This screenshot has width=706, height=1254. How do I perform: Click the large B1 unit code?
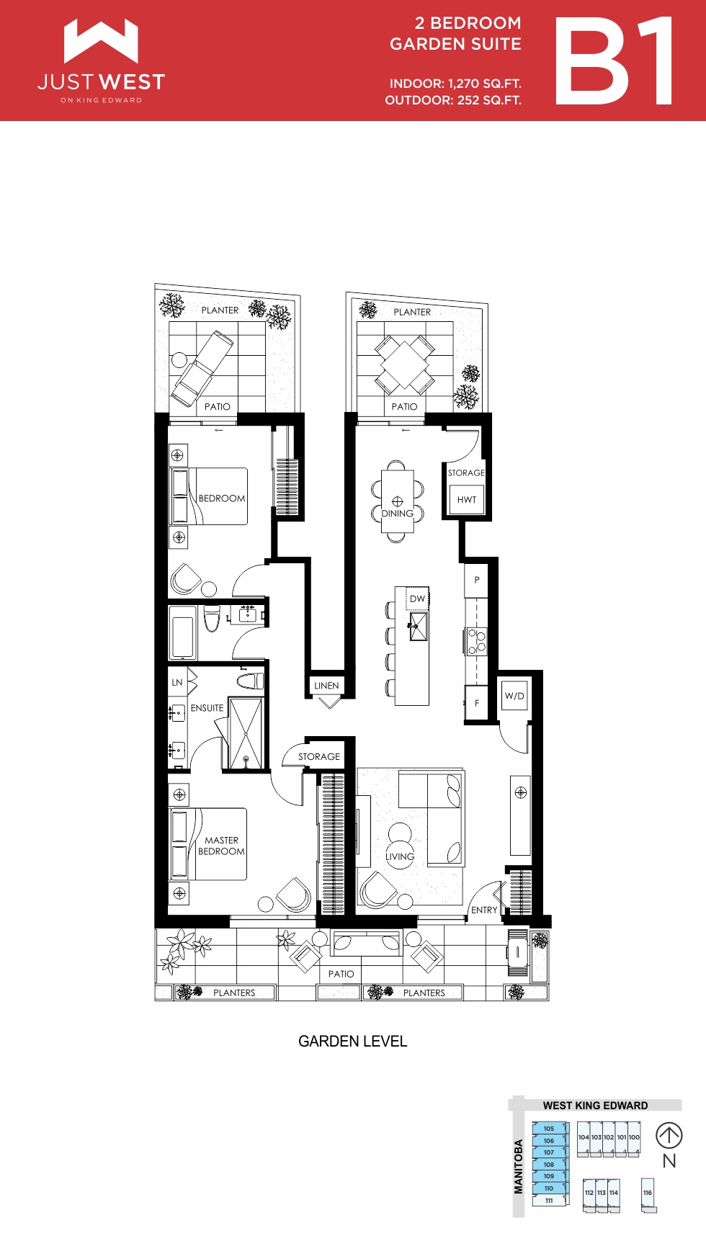pyautogui.click(x=615, y=61)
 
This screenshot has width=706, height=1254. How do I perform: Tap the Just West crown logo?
pyautogui.click(x=101, y=40)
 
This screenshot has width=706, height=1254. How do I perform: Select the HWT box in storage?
pyautogui.click(x=467, y=499)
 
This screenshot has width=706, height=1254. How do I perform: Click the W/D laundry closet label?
pyautogui.click(x=514, y=696)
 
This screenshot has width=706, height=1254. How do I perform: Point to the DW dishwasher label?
pyautogui.click(x=418, y=599)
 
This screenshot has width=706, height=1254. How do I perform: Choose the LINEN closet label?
pyautogui.click(x=326, y=686)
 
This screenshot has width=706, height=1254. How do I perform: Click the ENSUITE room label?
pyautogui.click(x=207, y=708)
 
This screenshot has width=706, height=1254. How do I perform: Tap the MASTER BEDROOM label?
pyautogui.click(x=221, y=846)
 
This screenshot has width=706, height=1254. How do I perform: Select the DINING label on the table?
pyautogui.click(x=397, y=514)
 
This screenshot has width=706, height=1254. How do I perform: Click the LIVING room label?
pyautogui.click(x=400, y=856)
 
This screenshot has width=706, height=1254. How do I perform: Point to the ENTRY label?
pyautogui.click(x=484, y=910)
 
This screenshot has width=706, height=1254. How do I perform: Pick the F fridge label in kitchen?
pyautogui.click(x=477, y=703)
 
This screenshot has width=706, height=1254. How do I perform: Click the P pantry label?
pyautogui.click(x=477, y=580)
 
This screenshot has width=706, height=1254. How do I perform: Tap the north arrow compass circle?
pyautogui.click(x=669, y=1136)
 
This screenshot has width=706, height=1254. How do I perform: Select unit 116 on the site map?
pyautogui.click(x=648, y=1193)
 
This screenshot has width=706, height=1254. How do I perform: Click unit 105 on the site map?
pyautogui.click(x=549, y=1129)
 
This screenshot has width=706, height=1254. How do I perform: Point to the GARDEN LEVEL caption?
pyautogui.click(x=353, y=1041)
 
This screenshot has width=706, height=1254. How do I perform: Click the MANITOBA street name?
pyautogui.click(x=518, y=1166)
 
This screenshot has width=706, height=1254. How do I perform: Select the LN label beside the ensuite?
pyautogui.click(x=177, y=682)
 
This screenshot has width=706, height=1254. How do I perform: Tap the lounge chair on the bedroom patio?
pyautogui.click(x=202, y=368)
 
